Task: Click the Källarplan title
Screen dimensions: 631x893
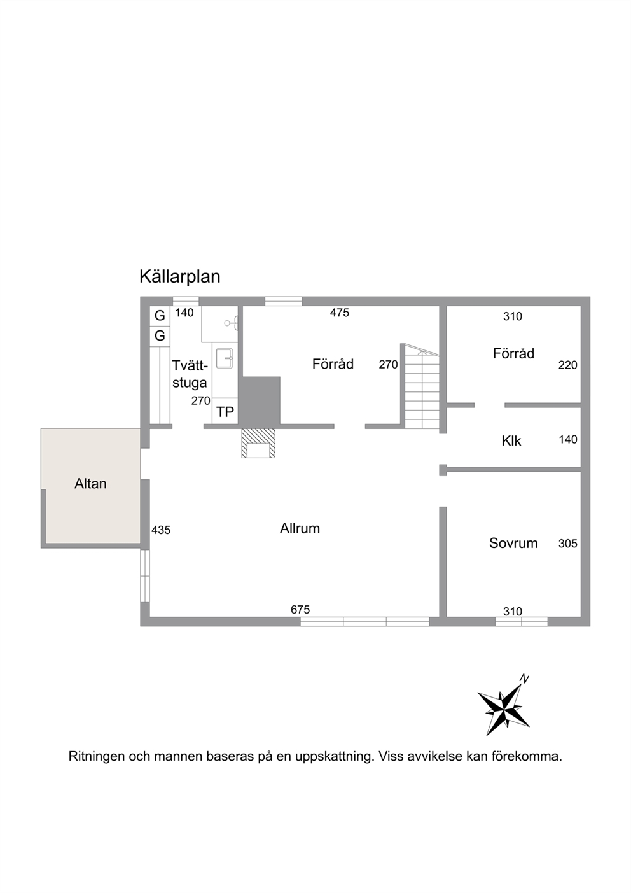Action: [x=179, y=276]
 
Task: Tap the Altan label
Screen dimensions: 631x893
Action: [x=90, y=484]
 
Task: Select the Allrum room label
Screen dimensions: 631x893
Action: [x=300, y=528]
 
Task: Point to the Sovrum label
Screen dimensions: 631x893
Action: [x=513, y=543]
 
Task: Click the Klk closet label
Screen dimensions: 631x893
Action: [x=511, y=441]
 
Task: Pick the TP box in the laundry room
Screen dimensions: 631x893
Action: [x=225, y=411]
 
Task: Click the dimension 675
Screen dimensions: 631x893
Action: [x=300, y=610]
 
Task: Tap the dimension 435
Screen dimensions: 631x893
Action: [x=160, y=530]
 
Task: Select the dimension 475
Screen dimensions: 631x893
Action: [x=340, y=313]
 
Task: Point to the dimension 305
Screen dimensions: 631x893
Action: [x=567, y=544]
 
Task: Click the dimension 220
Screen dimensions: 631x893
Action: [x=567, y=365]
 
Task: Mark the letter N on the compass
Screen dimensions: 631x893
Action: [x=524, y=679]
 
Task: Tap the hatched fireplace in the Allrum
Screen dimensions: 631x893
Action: [x=258, y=443]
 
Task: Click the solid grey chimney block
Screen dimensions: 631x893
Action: [x=261, y=400]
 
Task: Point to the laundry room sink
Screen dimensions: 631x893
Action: [x=225, y=358]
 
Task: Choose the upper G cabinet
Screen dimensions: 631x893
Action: [x=160, y=316]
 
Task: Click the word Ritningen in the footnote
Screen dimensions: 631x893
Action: [x=97, y=756]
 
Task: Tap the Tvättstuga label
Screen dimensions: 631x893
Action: [x=190, y=374]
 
